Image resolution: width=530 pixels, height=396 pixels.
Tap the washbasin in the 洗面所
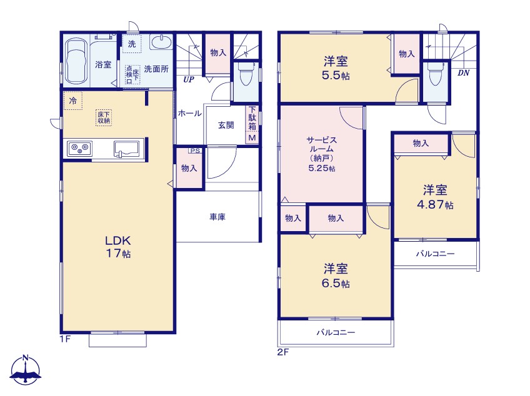point(161,42)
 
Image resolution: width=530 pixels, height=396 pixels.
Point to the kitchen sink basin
point(127,149)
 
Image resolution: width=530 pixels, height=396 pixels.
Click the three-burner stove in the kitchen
point(79,148)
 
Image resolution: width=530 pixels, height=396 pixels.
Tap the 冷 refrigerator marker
point(73,101)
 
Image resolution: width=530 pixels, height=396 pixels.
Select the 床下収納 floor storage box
point(104,117)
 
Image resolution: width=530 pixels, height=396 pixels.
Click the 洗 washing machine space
point(132,44)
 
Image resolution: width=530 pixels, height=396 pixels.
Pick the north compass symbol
point(26,370)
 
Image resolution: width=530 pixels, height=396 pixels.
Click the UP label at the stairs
point(189,79)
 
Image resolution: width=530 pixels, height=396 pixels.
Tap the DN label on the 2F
point(463,72)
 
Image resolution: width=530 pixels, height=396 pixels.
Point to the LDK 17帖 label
point(118,247)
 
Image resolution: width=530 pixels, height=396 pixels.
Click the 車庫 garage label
point(217,217)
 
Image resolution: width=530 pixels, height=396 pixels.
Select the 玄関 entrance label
point(226,125)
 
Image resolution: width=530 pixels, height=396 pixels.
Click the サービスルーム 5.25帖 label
point(321,154)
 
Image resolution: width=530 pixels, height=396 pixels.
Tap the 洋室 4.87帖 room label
point(435,197)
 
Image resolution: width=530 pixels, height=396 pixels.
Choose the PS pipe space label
point(195,151)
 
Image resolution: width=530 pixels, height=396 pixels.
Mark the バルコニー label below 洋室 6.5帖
point(336,332)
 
